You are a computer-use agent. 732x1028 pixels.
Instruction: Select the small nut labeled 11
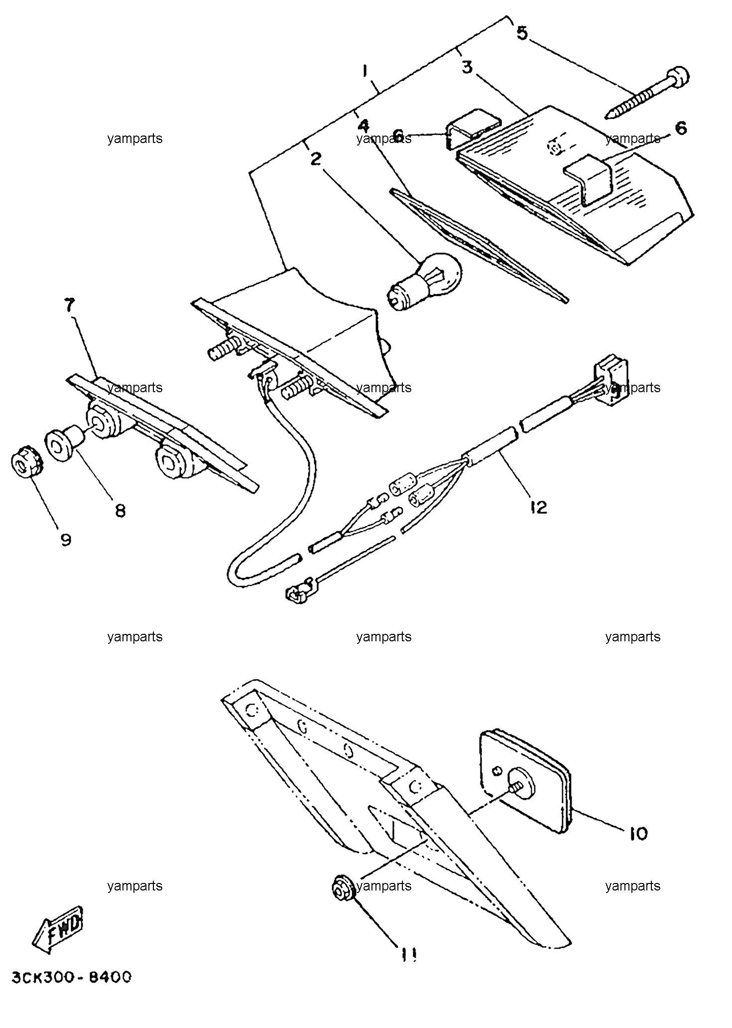pos(343,887)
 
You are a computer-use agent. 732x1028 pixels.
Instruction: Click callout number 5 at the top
pos(521,33)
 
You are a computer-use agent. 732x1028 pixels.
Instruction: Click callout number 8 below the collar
pos(120,510)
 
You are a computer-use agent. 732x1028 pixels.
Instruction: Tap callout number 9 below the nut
pos(66,540)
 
